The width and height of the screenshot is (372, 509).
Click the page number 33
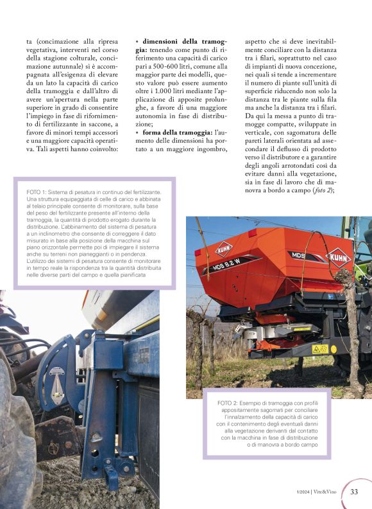(x=354, y=492)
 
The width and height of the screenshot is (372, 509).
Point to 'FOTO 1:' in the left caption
(x=37, y=192)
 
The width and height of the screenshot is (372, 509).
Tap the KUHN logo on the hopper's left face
(x=224, y=248)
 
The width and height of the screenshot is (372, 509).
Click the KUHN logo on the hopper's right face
(x=340, y=258)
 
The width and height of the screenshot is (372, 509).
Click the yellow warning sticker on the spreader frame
(x=319, y=349)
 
